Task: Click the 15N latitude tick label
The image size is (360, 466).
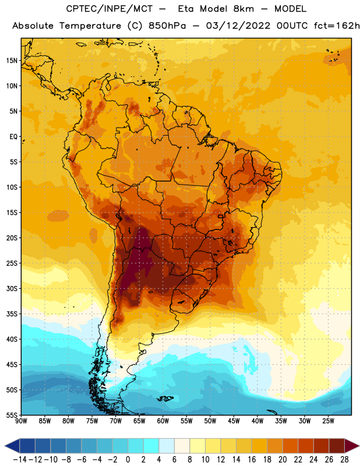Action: [x=12, y=61]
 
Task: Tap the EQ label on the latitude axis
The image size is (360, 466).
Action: [x=13, y=137]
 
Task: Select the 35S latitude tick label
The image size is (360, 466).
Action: [x=12, y=314]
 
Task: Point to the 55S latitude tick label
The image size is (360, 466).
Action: [x=12, y=415]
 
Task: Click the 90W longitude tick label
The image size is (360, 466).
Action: [x=21, y=421]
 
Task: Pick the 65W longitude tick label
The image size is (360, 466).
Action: [x=139, y=421]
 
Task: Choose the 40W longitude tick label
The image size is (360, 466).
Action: [x=257, y=421]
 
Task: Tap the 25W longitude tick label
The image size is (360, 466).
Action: [x=328, y=421]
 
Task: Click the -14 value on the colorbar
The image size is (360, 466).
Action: [x=20, y=460]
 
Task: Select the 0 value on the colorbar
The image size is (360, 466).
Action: [x=128, y=460]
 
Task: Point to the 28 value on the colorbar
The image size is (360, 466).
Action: [x=344, y=460]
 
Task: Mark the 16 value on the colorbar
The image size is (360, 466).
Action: [x=252, y=460]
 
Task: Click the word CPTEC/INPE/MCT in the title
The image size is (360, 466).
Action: [x=109, y=9]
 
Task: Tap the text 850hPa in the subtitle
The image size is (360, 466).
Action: [x=167, y=26]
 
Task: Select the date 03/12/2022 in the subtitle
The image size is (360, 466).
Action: [x=238, y=26]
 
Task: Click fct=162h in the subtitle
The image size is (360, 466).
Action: [x=337, y=26]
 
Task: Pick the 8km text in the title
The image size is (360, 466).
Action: [x=243, y=9]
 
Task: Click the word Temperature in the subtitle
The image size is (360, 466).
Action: [x=90, y=26]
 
